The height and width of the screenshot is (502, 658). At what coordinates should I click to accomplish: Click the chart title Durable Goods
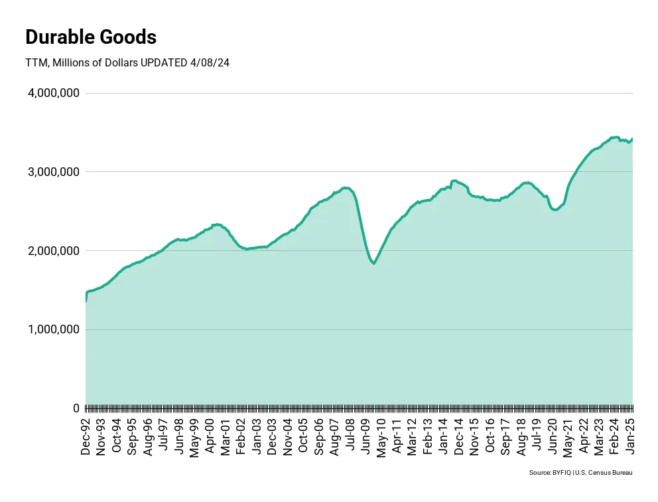coord(91,37)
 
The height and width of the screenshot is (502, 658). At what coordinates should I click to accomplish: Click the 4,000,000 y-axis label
coord(54,93)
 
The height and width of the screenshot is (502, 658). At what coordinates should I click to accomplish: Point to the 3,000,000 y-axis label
coord(54,172)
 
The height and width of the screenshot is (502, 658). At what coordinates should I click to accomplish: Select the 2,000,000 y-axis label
coord(54,251)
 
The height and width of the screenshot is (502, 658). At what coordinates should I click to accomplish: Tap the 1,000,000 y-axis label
coord(54,329)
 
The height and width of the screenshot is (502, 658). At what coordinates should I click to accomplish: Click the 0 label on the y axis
coord(76,408)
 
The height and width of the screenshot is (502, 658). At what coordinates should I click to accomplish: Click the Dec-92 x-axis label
coord(86,435)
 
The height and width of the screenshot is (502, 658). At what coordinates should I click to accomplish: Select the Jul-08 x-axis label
coord(350,435)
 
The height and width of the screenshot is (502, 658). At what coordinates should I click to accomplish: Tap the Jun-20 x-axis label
coord(553,435)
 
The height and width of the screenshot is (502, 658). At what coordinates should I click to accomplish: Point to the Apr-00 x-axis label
coord(210,435)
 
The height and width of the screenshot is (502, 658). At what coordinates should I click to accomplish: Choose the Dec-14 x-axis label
coord(459,435)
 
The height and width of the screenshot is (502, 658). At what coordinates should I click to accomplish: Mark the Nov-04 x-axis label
coord(288,435)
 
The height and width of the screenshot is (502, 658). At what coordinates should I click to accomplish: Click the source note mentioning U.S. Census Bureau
coord(580,473)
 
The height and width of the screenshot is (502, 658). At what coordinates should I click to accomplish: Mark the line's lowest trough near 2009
coord(374,264)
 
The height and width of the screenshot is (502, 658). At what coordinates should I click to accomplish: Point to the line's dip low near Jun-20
coord(555,210)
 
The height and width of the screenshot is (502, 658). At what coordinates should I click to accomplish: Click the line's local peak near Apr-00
coord(217,224)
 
